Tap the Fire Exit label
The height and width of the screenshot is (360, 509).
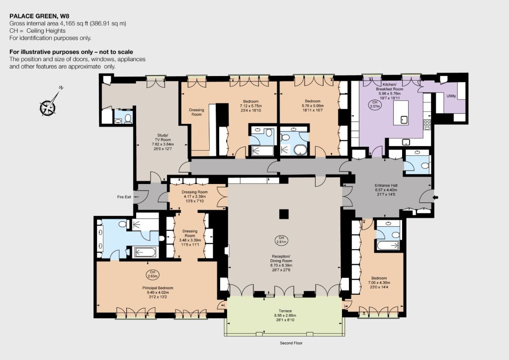click(x=124, y=197)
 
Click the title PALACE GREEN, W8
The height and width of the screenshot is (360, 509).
click(x=39, y=16)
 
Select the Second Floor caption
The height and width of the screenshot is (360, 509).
click(x=291, y=343)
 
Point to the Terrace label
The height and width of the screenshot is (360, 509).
click(x=285, y=311)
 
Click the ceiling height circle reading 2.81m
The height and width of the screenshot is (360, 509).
click(x=281, y=240)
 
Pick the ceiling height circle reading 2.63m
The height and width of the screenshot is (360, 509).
click(x=153, y=274)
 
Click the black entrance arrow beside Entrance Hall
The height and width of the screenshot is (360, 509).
click(x=435, y=197)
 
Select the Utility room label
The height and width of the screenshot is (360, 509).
click(x=451, y=96)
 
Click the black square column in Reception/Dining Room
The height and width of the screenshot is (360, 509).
click(x=284, y=214)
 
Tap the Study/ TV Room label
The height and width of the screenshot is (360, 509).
click(x=163, y=138)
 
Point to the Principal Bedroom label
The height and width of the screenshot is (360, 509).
click(x=158, y=288)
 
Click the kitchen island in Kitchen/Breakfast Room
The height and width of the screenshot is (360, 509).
click(x=401, y=113)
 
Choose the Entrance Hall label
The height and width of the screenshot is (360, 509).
click(x=386, y=185)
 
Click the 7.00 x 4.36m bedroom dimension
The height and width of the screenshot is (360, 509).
click(x=379, y=283)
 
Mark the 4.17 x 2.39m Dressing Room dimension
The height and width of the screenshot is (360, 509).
click(x=195, y=197)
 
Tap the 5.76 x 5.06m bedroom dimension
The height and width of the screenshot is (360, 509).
click(x=313, y=106)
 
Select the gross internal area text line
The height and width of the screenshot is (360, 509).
click(x=68, y=23)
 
